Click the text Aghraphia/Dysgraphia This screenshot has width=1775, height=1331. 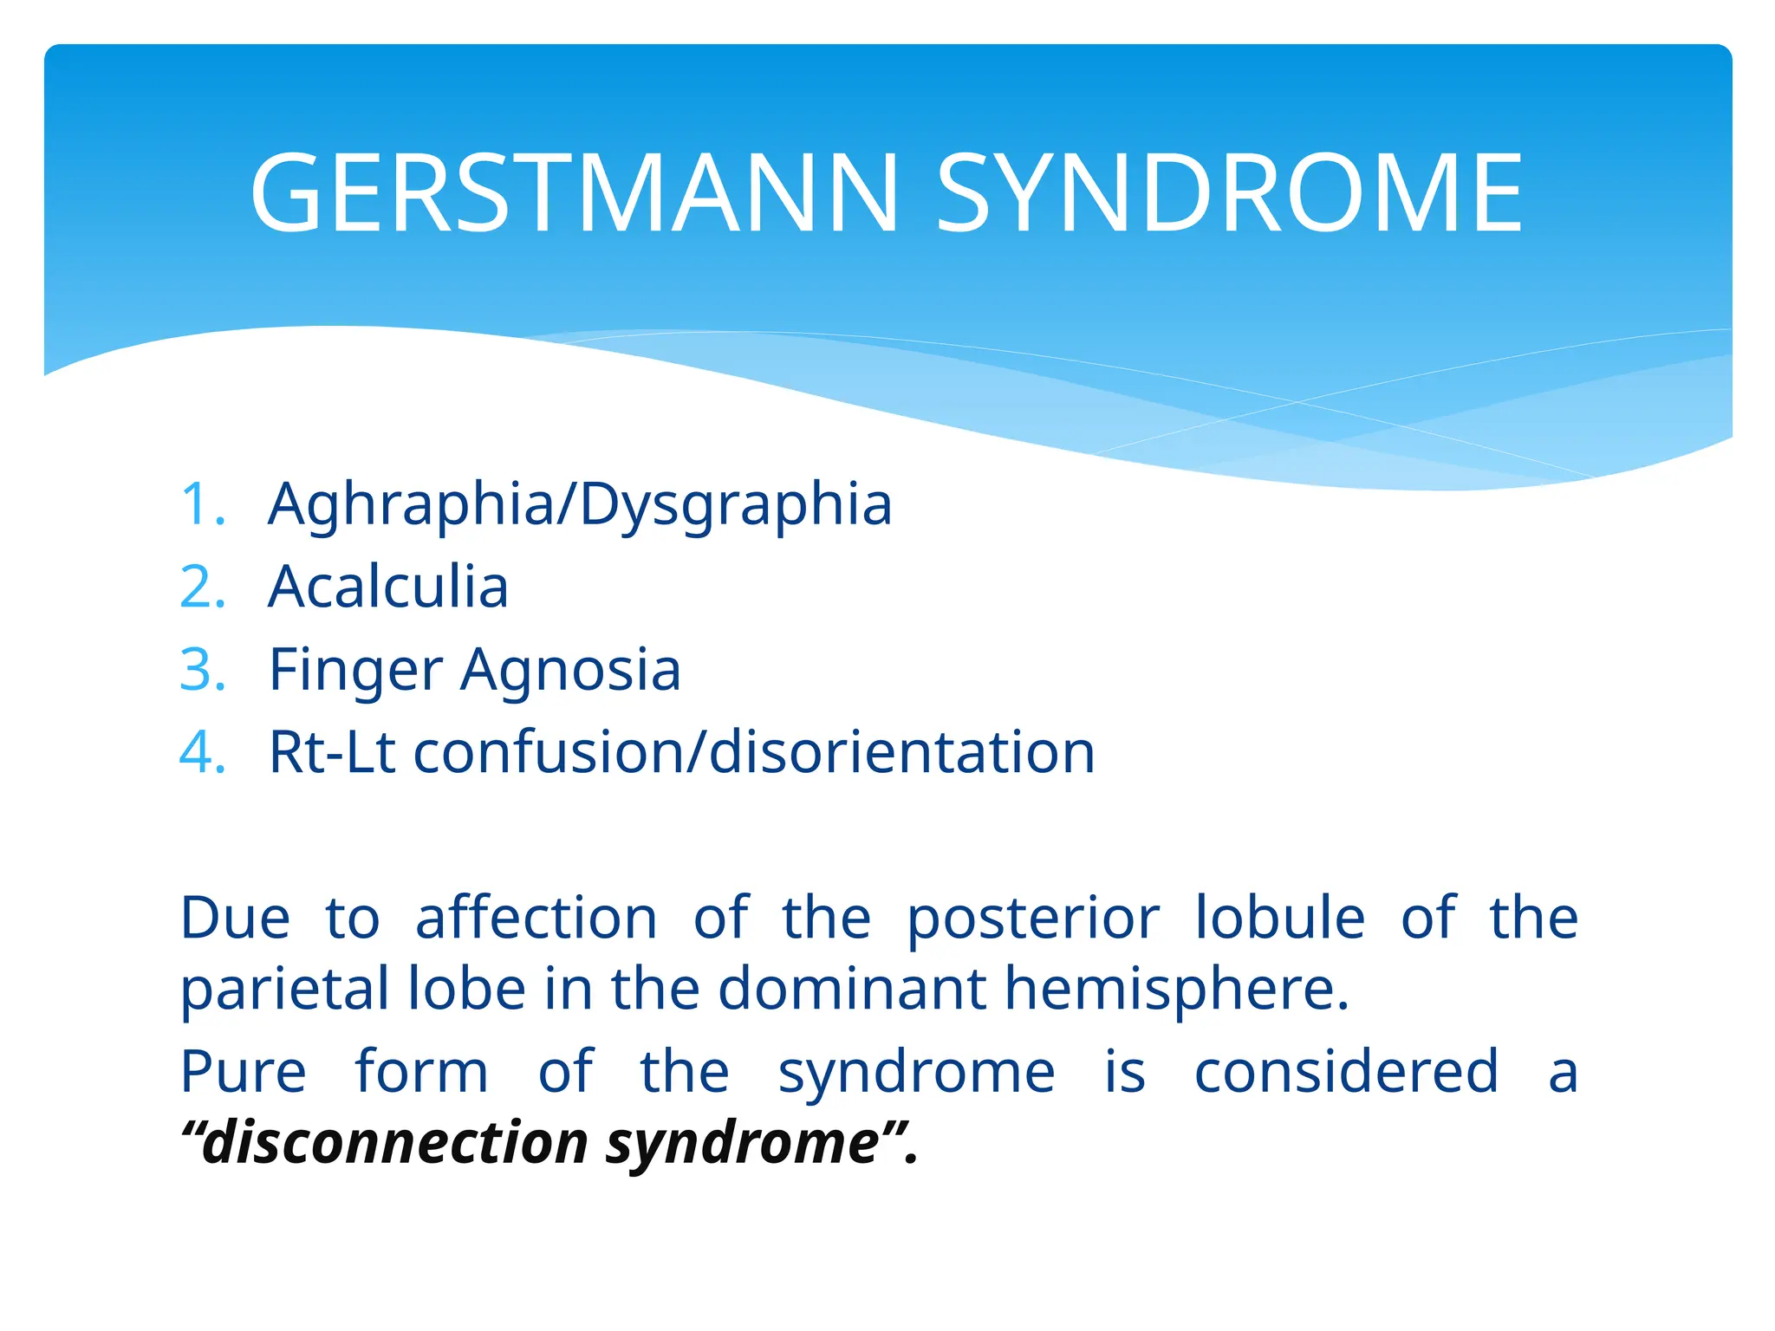579,505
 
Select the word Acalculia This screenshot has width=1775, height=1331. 387,587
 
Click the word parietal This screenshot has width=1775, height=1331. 285,990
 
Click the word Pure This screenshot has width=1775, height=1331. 243,1072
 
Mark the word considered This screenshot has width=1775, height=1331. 1345,1071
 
